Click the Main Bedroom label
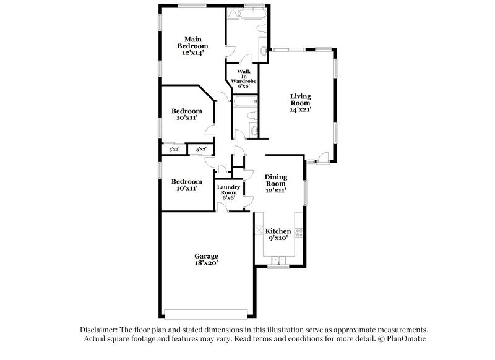click(192, 46)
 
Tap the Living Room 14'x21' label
click(300, 103)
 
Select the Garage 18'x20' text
click(206, 259)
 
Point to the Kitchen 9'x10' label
click(278, 234)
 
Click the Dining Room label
click(275, 184)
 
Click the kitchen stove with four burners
click(298, 233)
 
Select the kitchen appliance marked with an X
click(258, 234)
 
